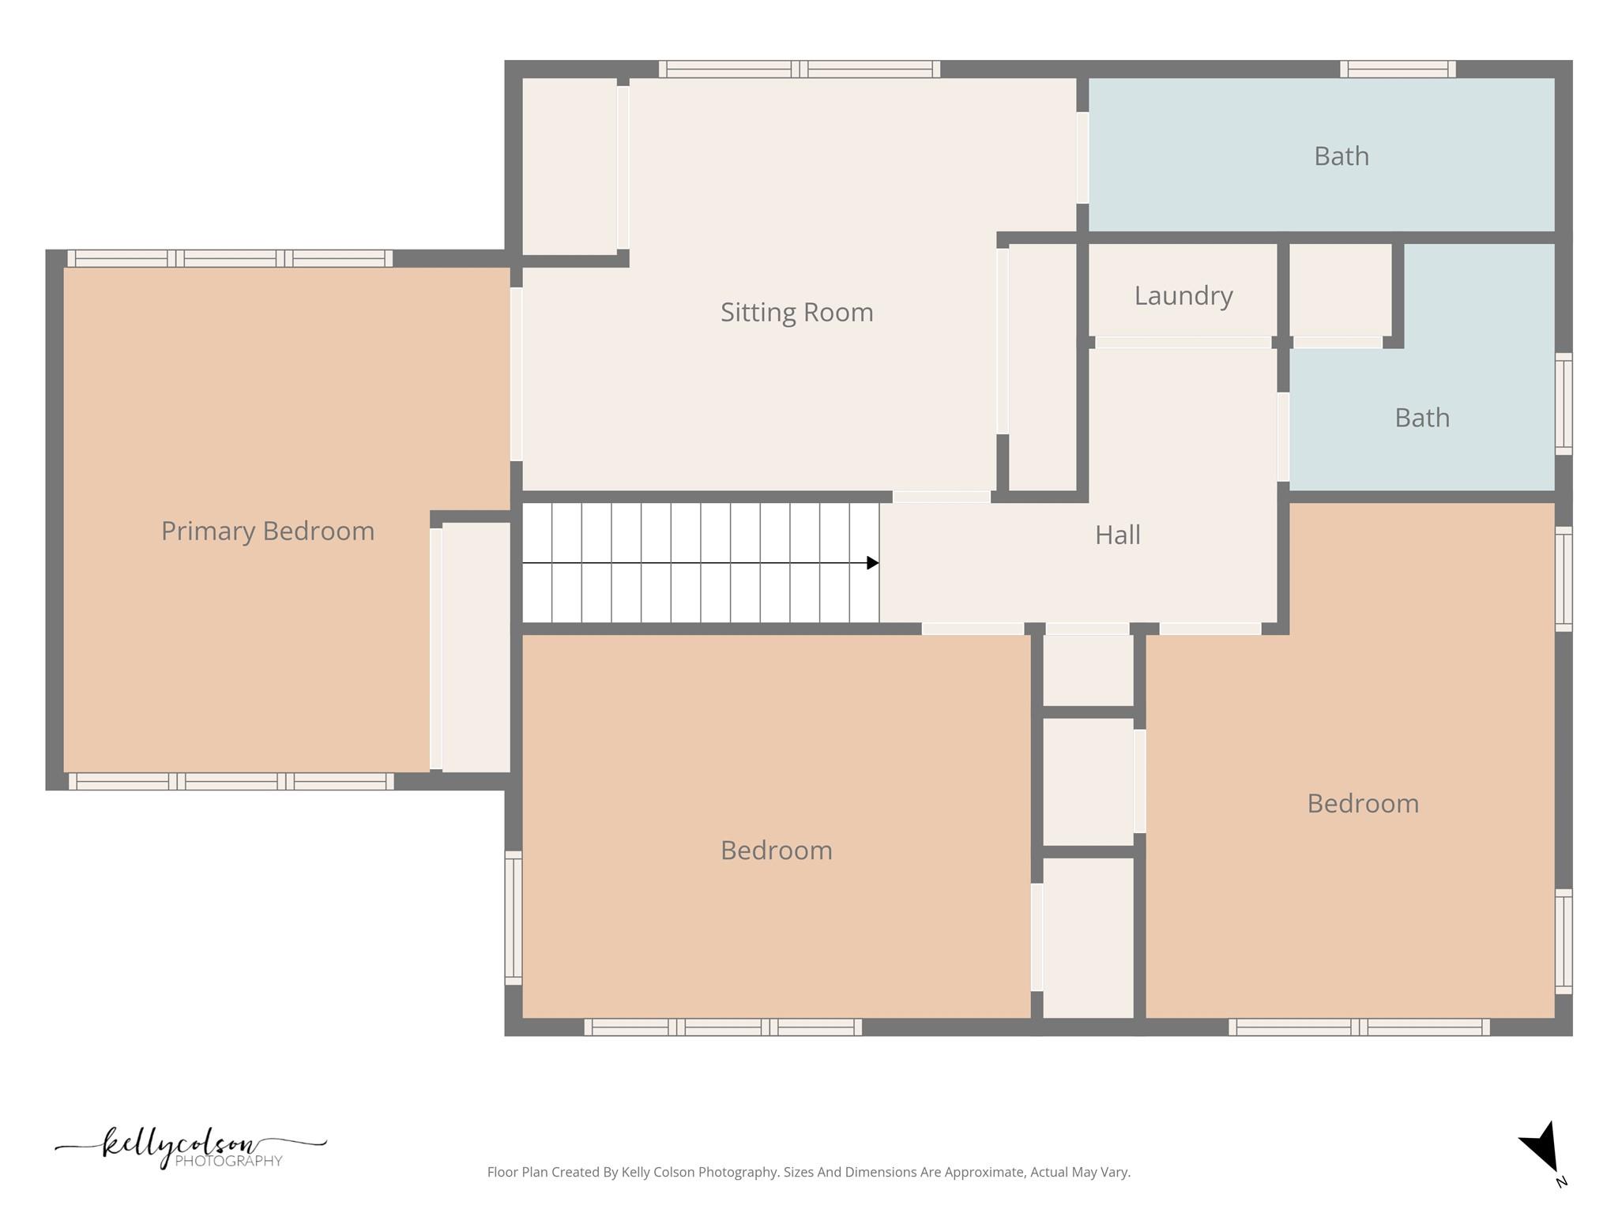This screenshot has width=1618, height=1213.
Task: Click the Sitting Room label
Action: tap(796, 313)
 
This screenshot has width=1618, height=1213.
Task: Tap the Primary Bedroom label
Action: tap(268, 531)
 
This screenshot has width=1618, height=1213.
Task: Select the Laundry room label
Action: tap(1183, 296)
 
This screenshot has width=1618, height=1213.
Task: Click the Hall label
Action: tap(1117, 535)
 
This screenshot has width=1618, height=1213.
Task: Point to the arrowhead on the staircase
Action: tap(872, 563)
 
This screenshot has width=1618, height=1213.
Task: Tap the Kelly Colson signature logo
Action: tap(190, 1147)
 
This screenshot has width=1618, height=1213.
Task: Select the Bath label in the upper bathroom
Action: tap(1341, 156)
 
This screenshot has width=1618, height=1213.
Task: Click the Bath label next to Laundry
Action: tap(1421, 418)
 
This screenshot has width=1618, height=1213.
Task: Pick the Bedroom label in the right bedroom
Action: tap(1362, 804)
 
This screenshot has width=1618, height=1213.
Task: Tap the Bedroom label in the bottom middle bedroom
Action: tap(776, 851)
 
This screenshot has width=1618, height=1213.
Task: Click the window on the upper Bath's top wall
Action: tap(1398, 69)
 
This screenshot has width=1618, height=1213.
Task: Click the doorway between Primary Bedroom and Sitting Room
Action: tap(516, 374)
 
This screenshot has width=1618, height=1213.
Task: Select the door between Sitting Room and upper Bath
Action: tap(1082, 158)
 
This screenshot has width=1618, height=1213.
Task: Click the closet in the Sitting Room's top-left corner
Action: tap(569, 166)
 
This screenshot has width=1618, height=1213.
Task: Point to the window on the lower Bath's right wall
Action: tap(1563, 404)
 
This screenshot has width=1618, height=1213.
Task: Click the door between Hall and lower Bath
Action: tap(1283, 437)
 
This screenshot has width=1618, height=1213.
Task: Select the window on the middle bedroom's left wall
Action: tap(514, 918)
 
